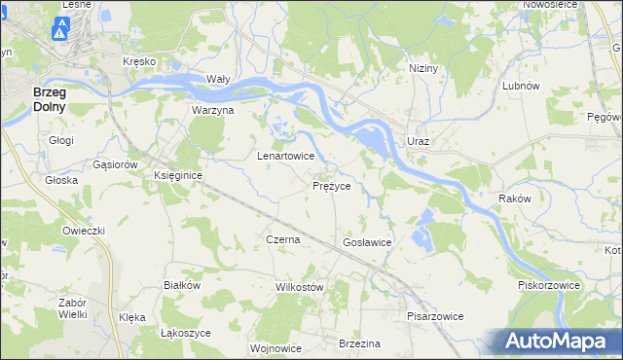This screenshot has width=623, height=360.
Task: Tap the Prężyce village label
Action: [x=338, y=185]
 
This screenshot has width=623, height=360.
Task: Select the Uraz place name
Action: [x=419, y=142]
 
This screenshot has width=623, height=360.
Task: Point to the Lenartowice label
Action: [x=284, y=156]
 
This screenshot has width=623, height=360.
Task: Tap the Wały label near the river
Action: [x=217, y=79]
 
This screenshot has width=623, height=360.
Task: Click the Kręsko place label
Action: [x=139, y=61]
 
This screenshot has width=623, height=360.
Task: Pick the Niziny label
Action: [x=423, y=68]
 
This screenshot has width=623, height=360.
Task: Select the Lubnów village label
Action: [x=521, y=86]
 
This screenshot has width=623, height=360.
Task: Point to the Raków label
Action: [x=514, y=198]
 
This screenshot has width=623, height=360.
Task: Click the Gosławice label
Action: [x=367, y=241]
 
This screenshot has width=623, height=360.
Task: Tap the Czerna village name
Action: [x=282, y=238]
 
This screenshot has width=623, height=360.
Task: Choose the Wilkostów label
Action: [x=299, y=287]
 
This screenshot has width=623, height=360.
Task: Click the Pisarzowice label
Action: [x=435, y=316]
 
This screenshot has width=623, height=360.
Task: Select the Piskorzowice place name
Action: [x=549, y=285]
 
